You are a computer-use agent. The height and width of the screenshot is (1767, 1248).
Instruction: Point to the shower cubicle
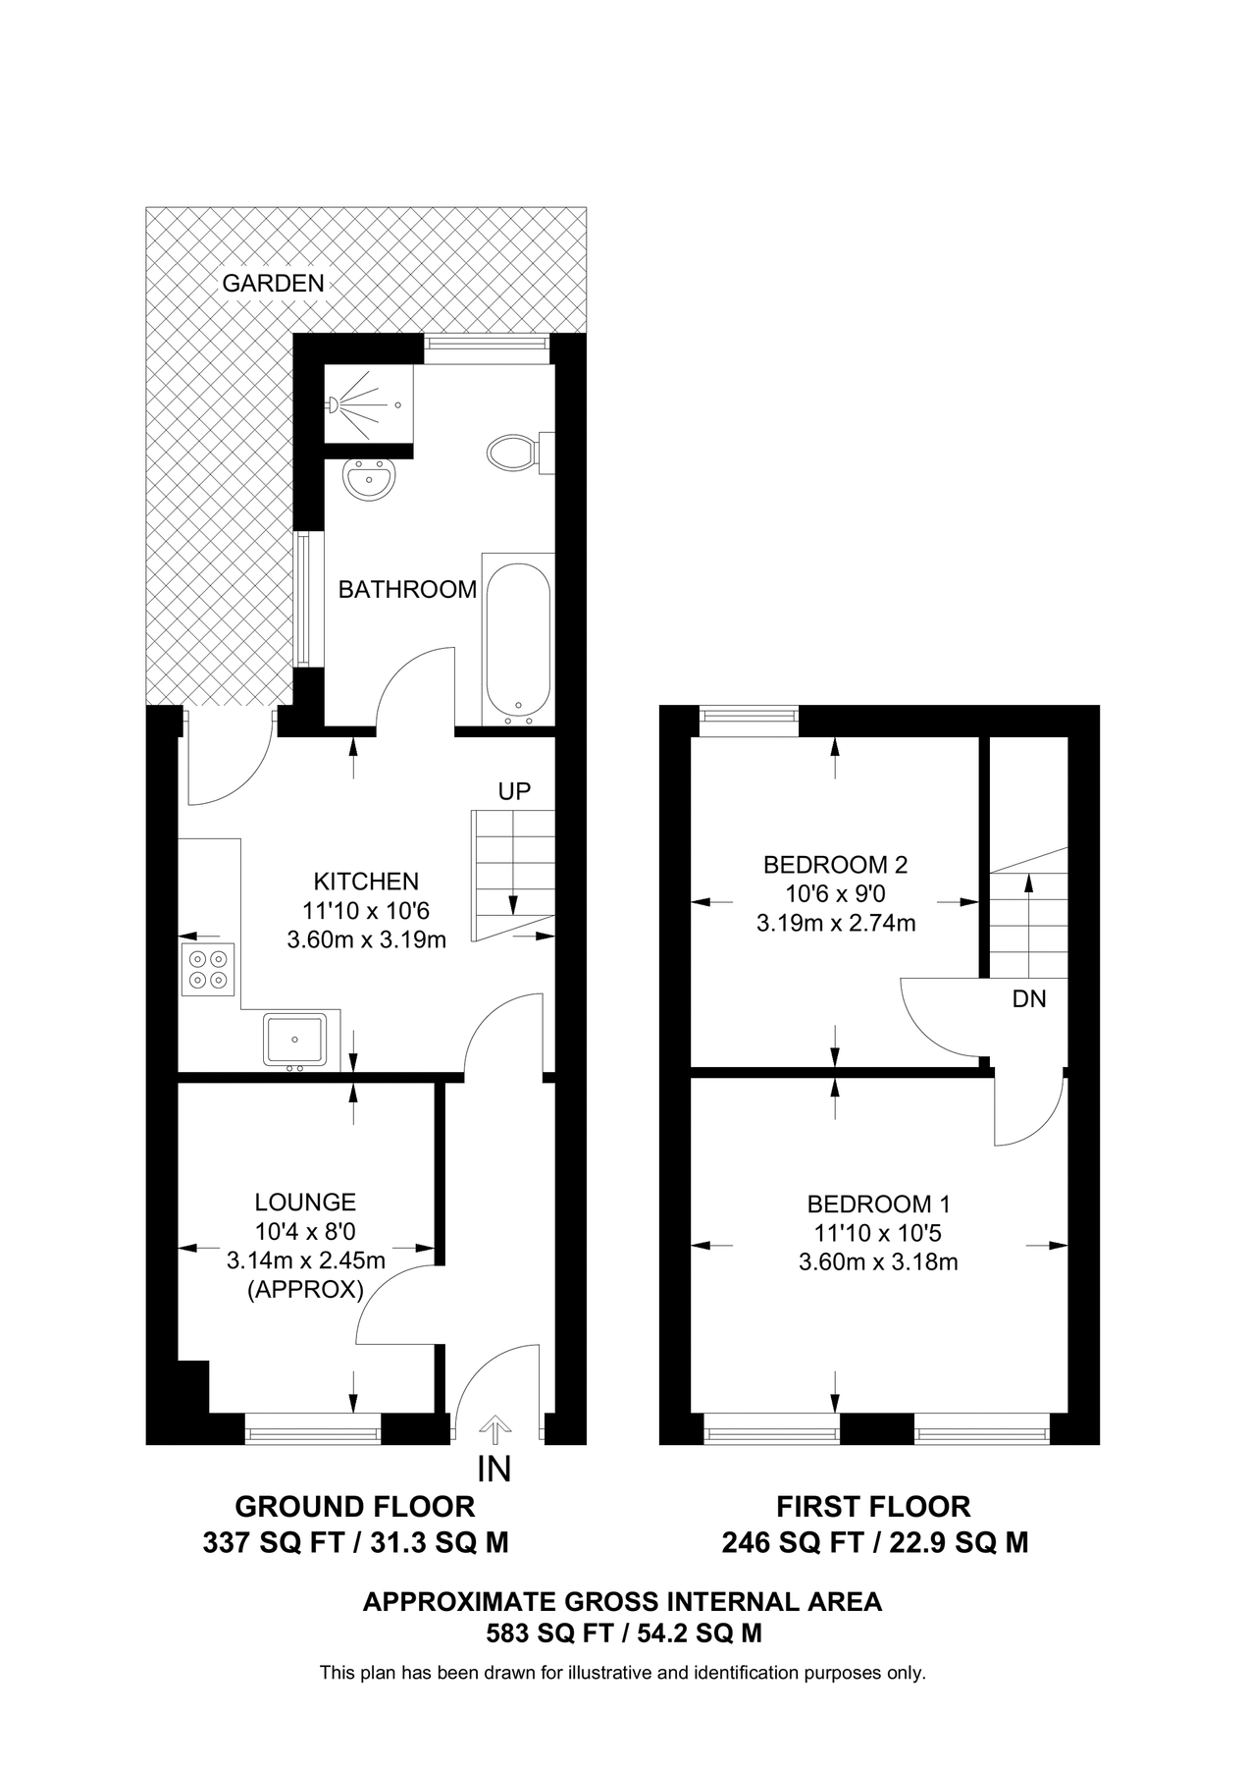[369, 403]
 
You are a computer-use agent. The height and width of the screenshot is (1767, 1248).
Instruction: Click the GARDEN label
[273, 284]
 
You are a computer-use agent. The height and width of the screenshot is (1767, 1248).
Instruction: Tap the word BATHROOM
[407, 589]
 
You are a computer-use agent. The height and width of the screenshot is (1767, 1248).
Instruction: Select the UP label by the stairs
[514, 791]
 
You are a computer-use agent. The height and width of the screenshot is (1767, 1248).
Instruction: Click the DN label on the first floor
[1029, 998]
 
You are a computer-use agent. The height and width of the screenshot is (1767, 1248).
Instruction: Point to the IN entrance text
[494, 1470]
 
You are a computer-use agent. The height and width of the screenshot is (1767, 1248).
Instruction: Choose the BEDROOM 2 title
[835, 865]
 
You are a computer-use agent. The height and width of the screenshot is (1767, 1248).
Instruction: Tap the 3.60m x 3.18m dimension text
[878, 1261]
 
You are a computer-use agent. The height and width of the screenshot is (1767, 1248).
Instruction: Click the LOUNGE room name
[305, 1202]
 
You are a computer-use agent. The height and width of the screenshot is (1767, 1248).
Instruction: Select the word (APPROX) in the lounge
[305, 1289]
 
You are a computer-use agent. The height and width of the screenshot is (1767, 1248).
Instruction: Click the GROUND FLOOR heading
[355, 1506]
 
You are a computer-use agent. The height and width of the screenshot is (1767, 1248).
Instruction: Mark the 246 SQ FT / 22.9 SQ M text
[875, 1543]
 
